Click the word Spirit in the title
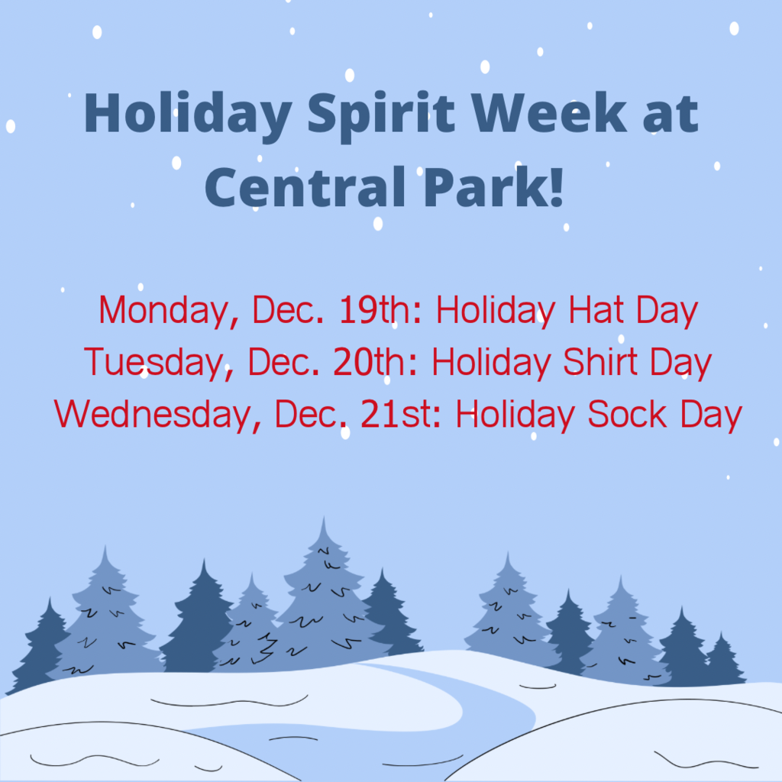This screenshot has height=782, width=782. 381,116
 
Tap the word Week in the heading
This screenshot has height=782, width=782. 549,113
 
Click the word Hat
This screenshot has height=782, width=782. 596,310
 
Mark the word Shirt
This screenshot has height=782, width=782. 600,361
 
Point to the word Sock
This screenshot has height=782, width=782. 627,414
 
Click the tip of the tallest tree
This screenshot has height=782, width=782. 324,517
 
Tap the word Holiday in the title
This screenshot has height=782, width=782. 188,116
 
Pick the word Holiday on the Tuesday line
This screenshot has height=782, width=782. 491,363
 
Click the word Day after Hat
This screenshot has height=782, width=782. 667,312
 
